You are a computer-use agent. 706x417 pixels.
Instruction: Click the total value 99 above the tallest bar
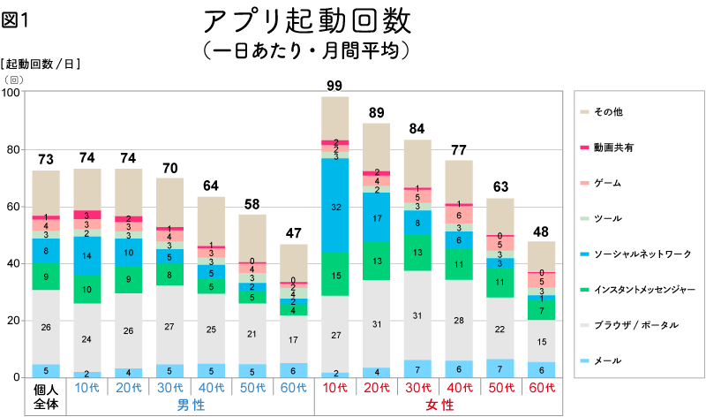334,86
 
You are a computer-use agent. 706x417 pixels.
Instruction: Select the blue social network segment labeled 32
334,206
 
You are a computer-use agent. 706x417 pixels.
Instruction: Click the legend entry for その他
608,112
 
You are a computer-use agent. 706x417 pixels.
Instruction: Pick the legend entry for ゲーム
608,183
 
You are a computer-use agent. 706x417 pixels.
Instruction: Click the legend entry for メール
608,360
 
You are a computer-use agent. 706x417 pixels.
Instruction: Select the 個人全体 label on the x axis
46,396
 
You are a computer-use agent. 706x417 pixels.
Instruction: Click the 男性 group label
191,405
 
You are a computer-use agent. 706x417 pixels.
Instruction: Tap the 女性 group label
439,405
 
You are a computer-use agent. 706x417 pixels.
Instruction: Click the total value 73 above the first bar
46,160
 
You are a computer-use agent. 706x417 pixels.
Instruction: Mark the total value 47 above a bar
293,234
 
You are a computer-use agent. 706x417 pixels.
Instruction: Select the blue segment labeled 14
87,255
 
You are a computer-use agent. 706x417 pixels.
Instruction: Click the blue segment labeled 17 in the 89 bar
376,217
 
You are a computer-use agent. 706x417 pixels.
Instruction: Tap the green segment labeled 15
334,275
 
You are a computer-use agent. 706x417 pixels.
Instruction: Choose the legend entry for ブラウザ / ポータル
635,325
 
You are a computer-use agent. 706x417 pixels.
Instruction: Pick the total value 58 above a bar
252,205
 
